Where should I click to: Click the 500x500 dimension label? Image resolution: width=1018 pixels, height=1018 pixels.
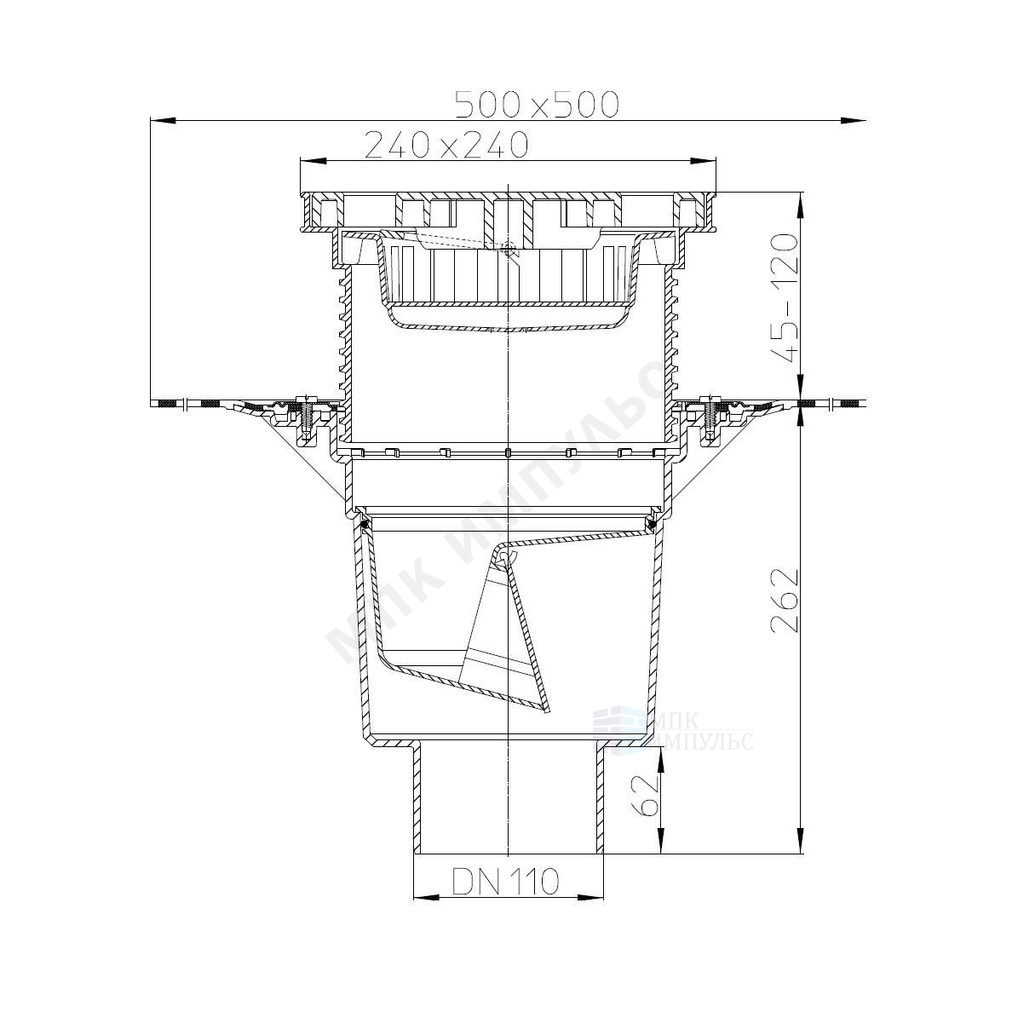tap(537, 105)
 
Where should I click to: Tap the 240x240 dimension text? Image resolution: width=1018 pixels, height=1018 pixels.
tap(446, 145)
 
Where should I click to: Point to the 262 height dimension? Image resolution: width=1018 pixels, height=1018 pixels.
tap(785, 600)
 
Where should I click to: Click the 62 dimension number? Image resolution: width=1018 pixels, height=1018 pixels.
tap(646, 793)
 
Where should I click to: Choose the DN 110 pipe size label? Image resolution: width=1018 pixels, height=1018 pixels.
tap(505, 881)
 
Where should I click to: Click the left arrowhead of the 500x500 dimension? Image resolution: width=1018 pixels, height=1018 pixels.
tap(163, 120)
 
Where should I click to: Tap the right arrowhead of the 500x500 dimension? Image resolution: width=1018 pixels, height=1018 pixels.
tap(853, 120)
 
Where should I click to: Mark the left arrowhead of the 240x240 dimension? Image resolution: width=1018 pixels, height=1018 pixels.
tap(313, 160)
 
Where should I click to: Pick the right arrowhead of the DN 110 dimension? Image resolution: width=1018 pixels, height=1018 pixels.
tap(591, 897)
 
